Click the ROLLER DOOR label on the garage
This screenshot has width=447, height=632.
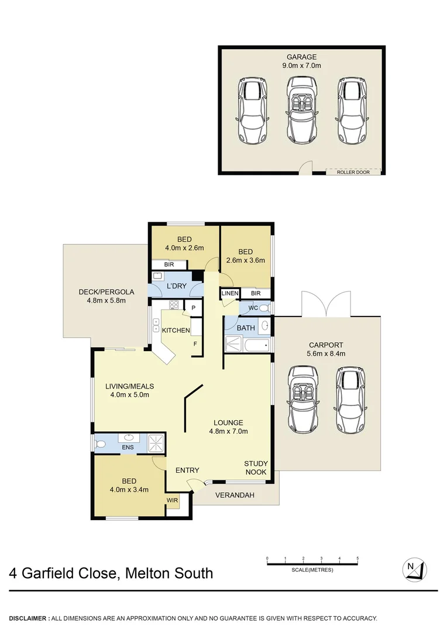(x=353, y=172)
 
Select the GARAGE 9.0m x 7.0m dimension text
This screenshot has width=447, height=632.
(x=301, y=61)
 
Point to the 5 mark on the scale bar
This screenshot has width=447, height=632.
(x=357, y=559)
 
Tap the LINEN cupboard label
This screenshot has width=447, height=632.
(x=229, y=293)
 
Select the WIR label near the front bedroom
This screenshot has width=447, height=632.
(x=172, y=500)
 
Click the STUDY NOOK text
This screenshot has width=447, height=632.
(x=256, y=468)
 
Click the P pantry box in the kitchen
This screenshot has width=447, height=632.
(x=192, y=308)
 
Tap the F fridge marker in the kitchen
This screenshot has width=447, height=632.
(x=195, y=344)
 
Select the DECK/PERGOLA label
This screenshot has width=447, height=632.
(x=106, y=296)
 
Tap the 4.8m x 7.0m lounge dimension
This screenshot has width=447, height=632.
(x=228, y=432)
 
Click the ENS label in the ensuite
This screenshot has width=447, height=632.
(x=128, y=448)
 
